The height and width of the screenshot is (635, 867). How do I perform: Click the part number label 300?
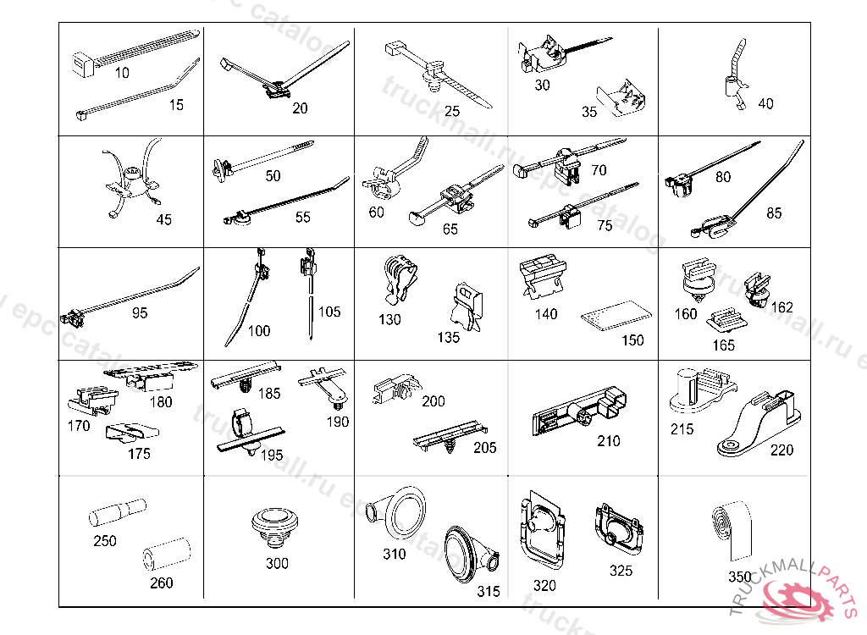(x=277, y=563)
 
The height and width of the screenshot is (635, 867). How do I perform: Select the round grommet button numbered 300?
(x=277, y=525)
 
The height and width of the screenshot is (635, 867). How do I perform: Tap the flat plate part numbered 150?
(x=616, y=317)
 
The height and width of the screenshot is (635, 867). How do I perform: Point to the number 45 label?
(x=163, y=219)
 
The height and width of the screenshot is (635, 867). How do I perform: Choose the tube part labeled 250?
(x=119, y=513)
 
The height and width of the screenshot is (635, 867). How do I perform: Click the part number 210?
(x=608, y=441)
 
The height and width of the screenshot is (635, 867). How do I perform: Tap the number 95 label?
(x=140, y=313)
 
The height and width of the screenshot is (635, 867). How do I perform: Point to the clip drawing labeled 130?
(x=399, y=279)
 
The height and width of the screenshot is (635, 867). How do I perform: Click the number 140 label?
(x=546, y=314)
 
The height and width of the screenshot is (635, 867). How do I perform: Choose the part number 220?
(x=781, y=450)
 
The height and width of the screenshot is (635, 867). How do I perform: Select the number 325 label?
(x=621, y=571)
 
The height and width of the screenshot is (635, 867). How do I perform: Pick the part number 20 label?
(x=300, y=108)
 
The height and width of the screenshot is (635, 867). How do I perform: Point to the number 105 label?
(x=329, y=312)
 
